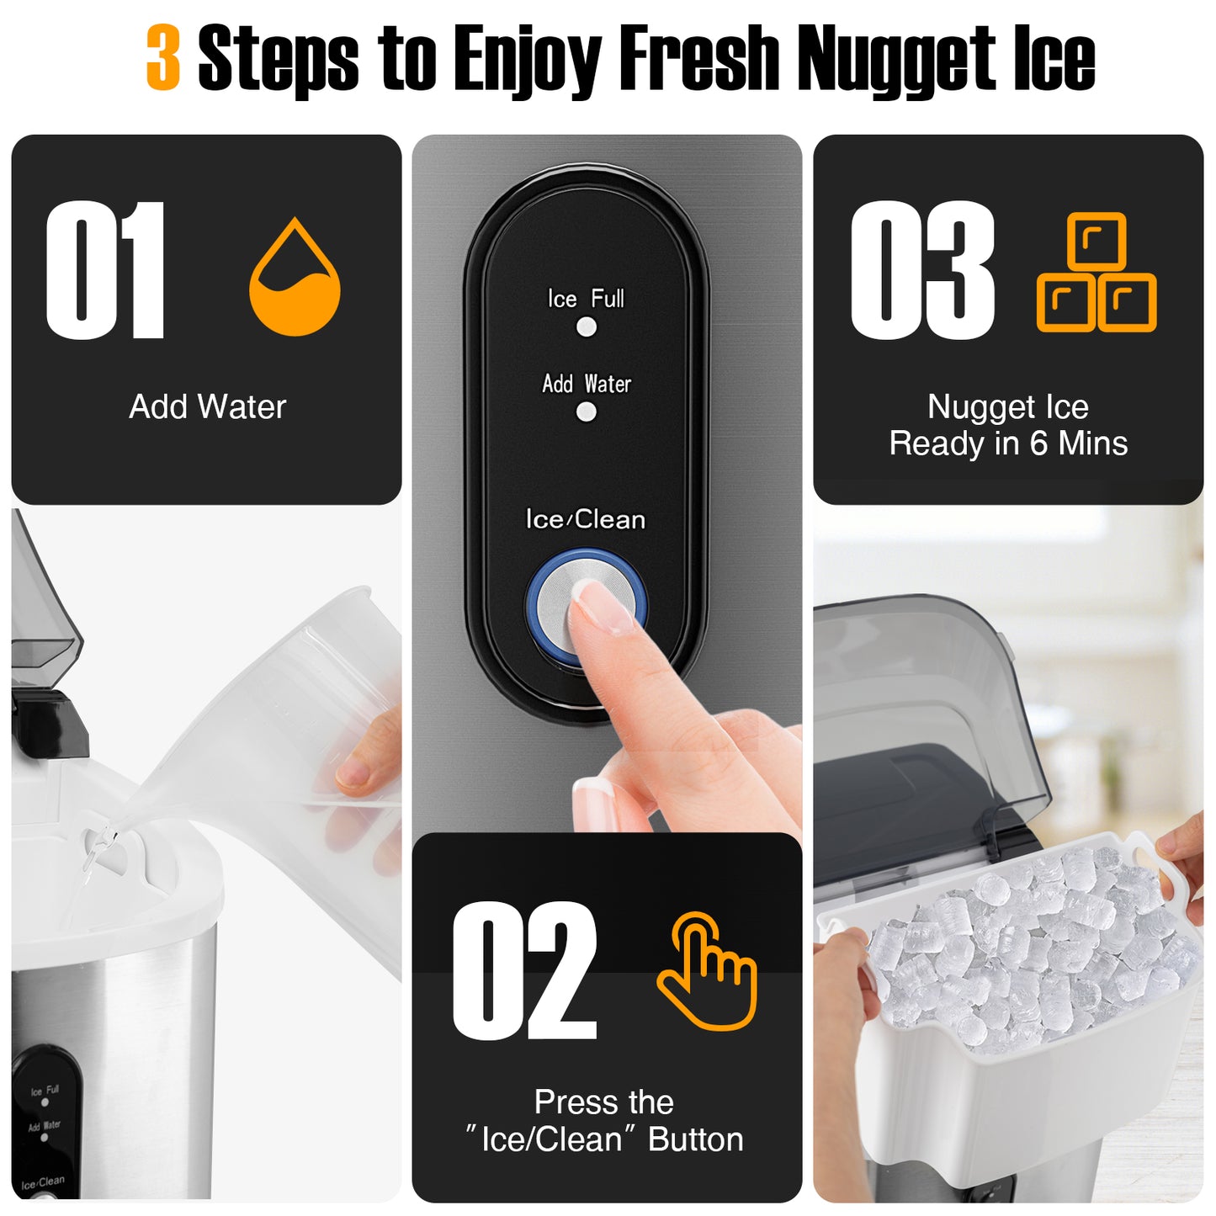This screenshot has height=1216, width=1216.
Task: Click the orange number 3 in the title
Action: [163, 57]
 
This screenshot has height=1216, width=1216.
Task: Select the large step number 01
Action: [105, 271]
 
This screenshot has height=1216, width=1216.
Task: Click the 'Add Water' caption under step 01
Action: [207, 407]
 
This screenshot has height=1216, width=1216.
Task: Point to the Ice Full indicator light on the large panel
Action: [587, 327]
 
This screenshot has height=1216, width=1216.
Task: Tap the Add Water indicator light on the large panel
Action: [587, 412]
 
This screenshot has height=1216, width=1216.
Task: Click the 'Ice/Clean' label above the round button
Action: [586, 519]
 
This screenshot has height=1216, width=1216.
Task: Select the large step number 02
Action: [524, 971]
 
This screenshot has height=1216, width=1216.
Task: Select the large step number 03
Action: [922, 271]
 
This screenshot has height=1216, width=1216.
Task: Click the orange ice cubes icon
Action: [1097, 273]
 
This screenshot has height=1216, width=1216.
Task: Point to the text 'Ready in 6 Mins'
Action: [1008, 443]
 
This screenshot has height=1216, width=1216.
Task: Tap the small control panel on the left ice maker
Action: [47, 1119]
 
